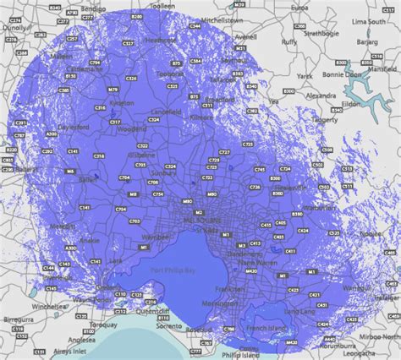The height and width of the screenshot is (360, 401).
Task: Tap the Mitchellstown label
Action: click(x=222, y=19)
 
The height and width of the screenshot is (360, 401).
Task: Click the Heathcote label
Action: click(x=161, y=39)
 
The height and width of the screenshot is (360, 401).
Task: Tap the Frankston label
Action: click(x=236, y=288)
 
